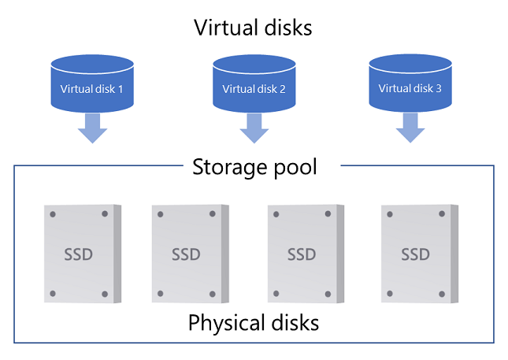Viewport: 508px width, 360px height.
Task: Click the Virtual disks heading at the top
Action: [x=254, y=28]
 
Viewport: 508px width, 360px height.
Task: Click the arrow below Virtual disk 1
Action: [x=93, y=127]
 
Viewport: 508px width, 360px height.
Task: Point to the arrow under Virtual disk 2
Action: [x=254, y=127]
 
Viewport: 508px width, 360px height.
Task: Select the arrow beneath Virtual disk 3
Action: [x=410, y=127]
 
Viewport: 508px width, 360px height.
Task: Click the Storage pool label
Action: [x=254, y=167]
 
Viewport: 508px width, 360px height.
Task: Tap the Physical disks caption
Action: [x=254, y=323]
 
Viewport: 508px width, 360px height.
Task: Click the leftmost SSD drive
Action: [x=81, y=254]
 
